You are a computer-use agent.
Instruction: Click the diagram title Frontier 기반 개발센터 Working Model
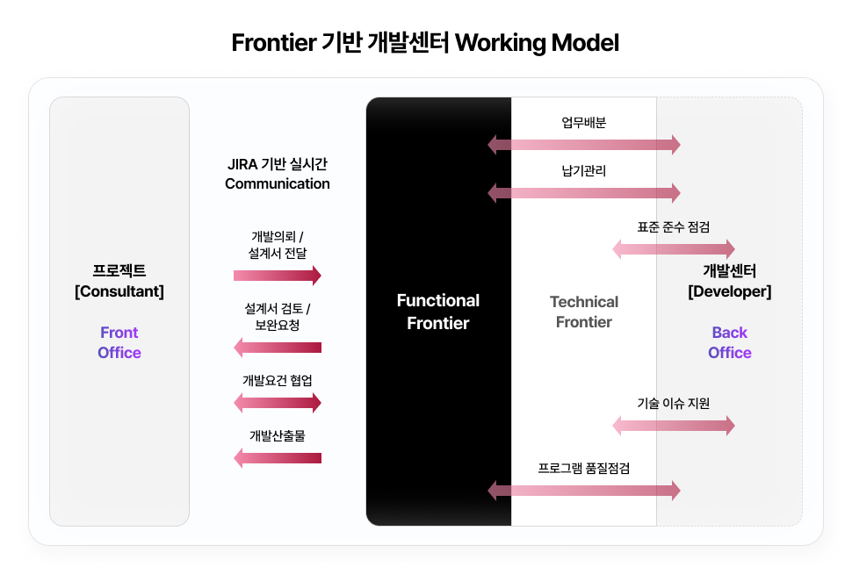pyautogui.click(x=425, y=42)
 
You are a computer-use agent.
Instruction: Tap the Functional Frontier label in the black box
pyautogui.click(x=438, y=312)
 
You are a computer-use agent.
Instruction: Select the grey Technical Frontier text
pyautogui.click(x=584, y=312)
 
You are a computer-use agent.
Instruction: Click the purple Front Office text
pyautogui.click(x=119, y=342)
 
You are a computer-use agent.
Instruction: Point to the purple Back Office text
pyautogui.click(x=730, y=342)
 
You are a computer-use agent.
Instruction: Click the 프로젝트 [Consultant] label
pyautogui.click(x=119, y=281)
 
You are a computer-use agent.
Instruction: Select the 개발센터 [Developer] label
pyautogui.click(x=730, y=281)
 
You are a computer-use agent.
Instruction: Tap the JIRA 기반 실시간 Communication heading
pyautogui.click(x=277, y=174)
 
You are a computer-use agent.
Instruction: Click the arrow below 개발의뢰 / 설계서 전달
pyautogui.click(x=277, y=276)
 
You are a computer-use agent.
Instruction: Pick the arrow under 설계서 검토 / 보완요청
pyautogui.click(x=277, y=348)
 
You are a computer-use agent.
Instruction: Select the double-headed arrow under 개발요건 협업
pyautogui.click(x=277, y=403)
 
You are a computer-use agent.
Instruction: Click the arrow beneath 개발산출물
pyautogui.click(x=277, y=458)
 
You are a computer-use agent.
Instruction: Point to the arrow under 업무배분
pyautogui.click(x=584, y=145)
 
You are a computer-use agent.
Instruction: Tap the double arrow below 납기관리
pyautogui.click(x=584, y=193)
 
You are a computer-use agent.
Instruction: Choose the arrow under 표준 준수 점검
pyautogui.click(x=674, y=249)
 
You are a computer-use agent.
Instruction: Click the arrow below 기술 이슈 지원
pyautogui.click(x=674, y=426)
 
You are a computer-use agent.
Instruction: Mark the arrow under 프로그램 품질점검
pyautogui.click(x=584, y=491)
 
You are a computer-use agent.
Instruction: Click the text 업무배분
pyautogui.click(x=584, y=122)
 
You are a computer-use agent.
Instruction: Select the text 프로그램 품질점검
pyautogui.click(x=584, y=468)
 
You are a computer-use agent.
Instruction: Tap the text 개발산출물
pyautogui.click(x=277, y=435)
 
